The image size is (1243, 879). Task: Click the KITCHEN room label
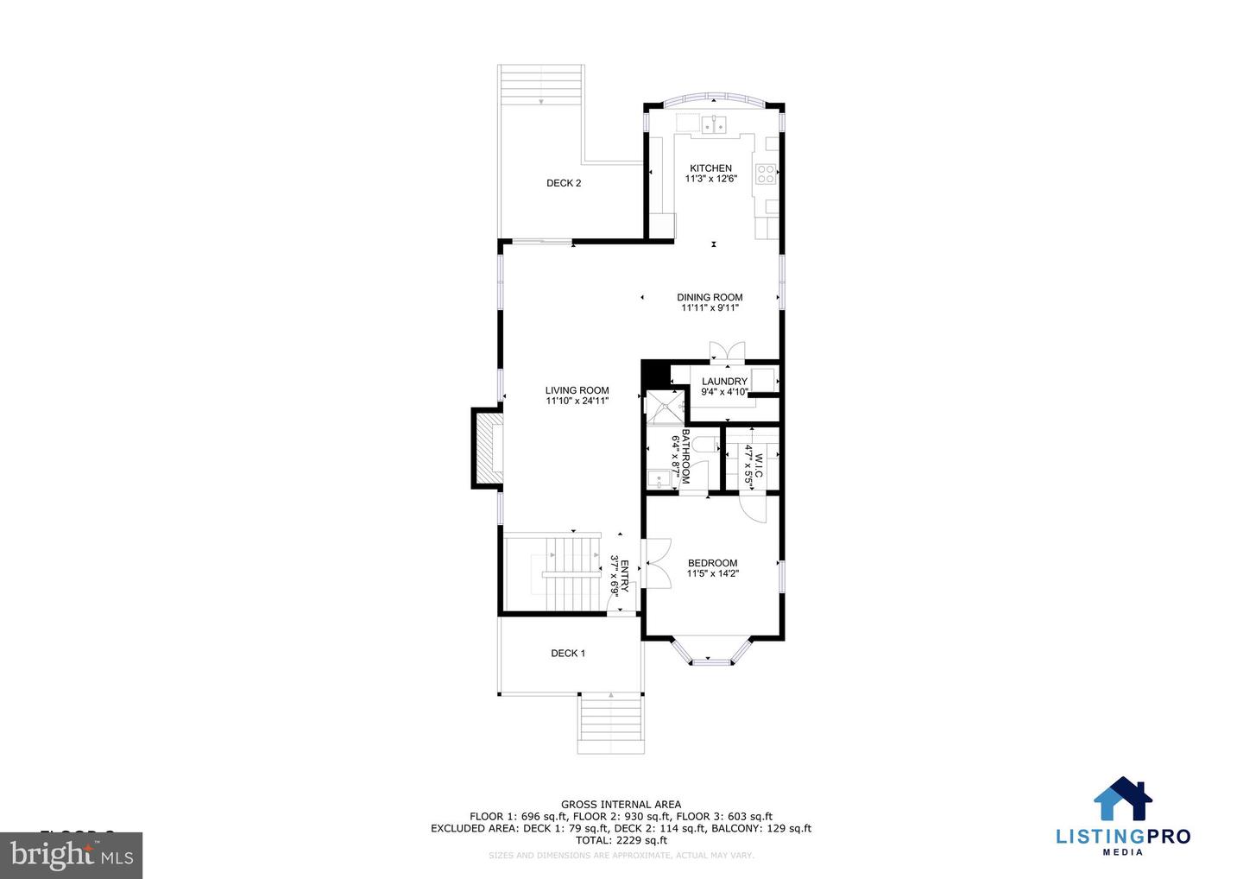point(710,168)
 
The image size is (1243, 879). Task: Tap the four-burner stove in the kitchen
point(765,174)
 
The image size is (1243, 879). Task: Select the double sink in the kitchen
point(713,125)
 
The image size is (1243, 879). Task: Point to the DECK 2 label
point(564,183)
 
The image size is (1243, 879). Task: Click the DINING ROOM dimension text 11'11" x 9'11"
point(710,308)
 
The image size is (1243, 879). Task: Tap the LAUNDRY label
point(724,382)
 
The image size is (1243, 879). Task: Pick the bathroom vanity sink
point(660,478)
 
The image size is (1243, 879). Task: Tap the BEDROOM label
point(712,563)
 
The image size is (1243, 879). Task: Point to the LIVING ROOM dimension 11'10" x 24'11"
point(577,401)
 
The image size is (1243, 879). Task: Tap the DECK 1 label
point(568,654)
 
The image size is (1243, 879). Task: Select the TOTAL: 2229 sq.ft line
point(621,840)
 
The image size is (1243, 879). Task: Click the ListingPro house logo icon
point(1123,799)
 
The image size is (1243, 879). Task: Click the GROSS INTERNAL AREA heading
point(621,805)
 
